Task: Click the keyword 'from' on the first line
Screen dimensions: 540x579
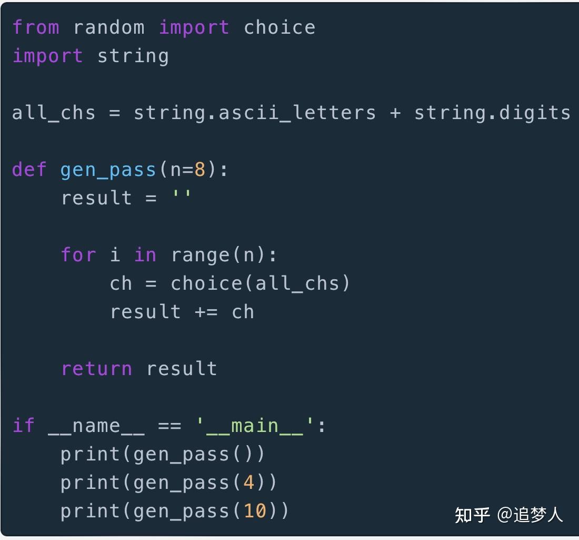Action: click(x=35, y=27)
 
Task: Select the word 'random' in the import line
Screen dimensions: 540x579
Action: click(x=109, y=27)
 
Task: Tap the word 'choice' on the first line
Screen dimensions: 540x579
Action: click(x=279, y=27)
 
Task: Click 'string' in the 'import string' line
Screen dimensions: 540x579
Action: click(x=133, y=56)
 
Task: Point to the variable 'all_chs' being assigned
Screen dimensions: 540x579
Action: click(x=54, y=113)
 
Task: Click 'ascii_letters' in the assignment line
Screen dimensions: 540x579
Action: click(x=297, y=113)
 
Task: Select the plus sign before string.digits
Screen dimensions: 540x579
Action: click(x=395, y=113)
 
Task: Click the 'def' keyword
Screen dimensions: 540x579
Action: click(x=29, y=170)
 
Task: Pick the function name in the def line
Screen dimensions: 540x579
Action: click(x=108, y=170)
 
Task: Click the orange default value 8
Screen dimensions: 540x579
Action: click(x=200, y=170)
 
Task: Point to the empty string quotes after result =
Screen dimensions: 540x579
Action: click(x=182, y=198)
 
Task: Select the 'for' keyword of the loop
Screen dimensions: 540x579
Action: click(x=78, y=255)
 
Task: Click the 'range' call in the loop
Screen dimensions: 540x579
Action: click(x=200, y=255)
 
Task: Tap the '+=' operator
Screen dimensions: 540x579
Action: click(x=206, y=312)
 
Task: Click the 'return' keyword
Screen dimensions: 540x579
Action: click(x=96, y=369)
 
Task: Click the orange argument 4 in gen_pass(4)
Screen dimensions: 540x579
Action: click(x=249, y=483)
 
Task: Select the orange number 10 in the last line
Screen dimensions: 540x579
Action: click(x=255, y=511)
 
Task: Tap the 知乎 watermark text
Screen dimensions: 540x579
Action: click(x=472, y=515)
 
